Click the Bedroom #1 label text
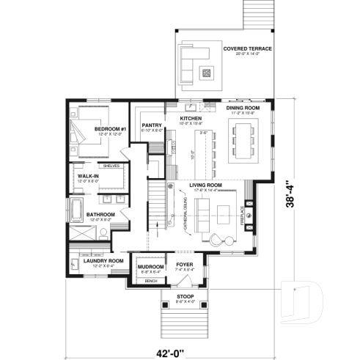pos(111,129)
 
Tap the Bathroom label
pos(100,215)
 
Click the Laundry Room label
pos(102,260)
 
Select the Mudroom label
pos(150,267)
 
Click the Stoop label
pos(185,296)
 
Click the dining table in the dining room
pos(243,141)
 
